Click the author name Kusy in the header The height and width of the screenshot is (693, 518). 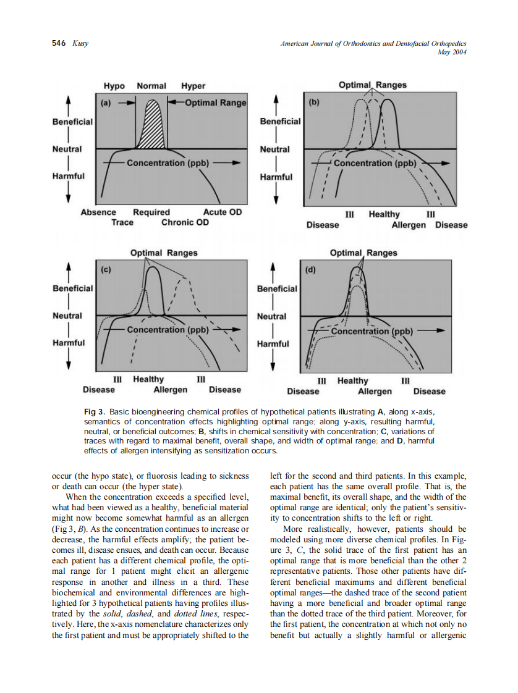coord(80,43)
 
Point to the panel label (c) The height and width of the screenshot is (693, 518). coord(108,270)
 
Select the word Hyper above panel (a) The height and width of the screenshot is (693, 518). coord(193,86)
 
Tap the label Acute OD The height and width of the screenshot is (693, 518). coord(222,212)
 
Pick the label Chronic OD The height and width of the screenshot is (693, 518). coord(185,222)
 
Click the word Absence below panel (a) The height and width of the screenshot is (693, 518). coord(98,212)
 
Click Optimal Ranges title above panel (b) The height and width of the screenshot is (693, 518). coord(373,85)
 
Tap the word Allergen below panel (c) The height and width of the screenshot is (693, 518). coord(170,390)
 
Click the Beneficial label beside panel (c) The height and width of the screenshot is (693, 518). coord(72,288)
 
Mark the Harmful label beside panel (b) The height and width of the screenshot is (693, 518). coord(276,177)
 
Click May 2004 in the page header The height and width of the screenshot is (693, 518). coord(451,52)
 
